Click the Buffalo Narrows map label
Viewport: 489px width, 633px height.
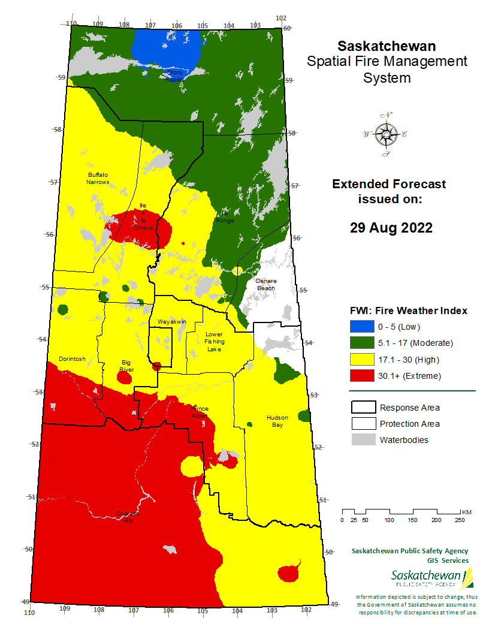point(98,178)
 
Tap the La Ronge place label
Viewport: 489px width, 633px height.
point(225,217)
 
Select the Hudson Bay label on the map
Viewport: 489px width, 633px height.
point(277,421)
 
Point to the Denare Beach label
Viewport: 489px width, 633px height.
point(266,284)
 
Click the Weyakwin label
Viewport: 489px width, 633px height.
point(171,322)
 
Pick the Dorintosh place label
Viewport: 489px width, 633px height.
point(72,359)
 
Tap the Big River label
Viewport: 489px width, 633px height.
point(126,366)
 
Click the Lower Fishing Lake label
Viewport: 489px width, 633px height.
point(214,342)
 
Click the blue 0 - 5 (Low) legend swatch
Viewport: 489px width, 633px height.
point(361,327)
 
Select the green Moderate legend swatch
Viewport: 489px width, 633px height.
point(361,343)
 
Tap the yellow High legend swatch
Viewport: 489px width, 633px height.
point(361,360)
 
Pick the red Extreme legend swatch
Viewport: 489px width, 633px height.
point(361,376)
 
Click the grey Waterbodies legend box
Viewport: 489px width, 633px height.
point(361,440)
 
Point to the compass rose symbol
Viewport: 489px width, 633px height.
point(385,134)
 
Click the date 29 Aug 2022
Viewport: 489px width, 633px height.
point(391,228)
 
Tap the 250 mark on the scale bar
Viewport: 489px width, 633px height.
point(459,520)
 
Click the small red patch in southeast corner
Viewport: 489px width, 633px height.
point(289,573)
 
